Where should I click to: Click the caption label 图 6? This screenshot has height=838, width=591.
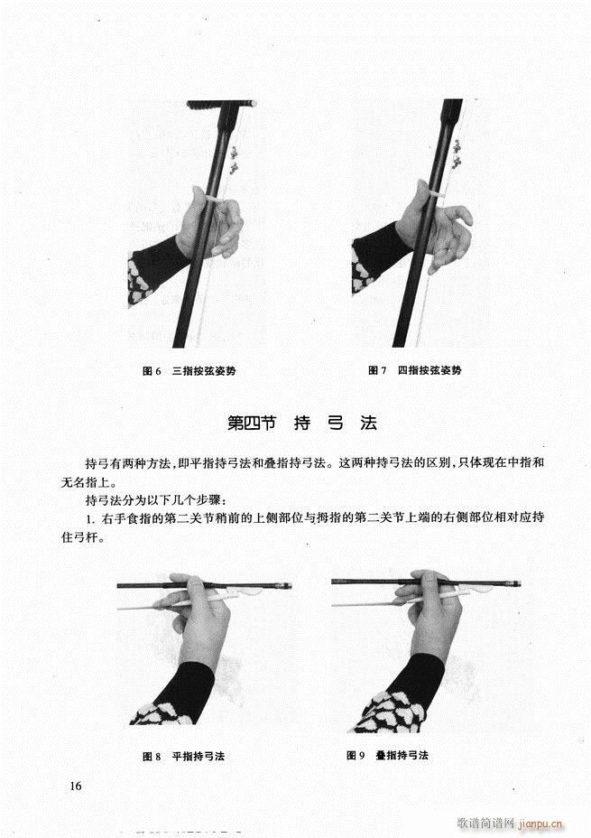tap(152, 371)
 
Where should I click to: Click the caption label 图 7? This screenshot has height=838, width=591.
tap(377, 370)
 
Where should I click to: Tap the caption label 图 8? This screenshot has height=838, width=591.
tap(152, 756)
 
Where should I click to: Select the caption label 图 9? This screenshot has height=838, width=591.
tap(356, 755)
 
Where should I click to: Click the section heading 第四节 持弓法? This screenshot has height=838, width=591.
tap(302, 423)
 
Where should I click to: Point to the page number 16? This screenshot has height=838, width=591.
tap(75, 786)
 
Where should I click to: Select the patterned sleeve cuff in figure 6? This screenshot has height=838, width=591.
tap(140, 281)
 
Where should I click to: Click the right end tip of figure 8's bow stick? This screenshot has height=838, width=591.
tap(291, 586)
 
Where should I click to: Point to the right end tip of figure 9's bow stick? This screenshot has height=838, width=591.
tap(521, 583)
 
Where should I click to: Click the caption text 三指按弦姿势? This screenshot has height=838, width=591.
tap(204, 371)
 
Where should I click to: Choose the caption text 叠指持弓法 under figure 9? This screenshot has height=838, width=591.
tap(402, 755)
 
